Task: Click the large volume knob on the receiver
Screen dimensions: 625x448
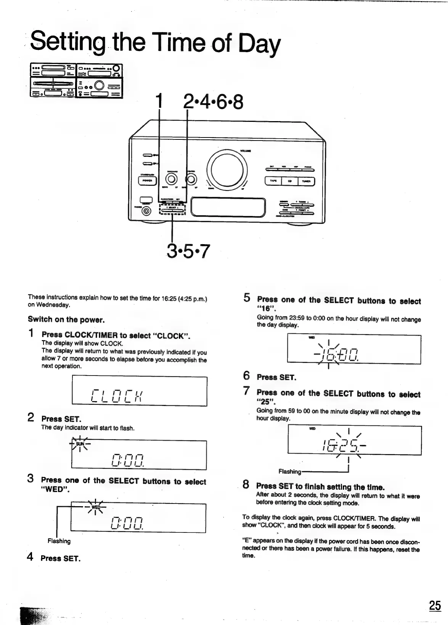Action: coord(227,169)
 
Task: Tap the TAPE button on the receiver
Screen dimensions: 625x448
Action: coord(273,181)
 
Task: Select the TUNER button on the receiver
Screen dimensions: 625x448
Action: coord(306,181)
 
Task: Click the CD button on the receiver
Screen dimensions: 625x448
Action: coord(290,181)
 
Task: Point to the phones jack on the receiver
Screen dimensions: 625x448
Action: coord(146,211)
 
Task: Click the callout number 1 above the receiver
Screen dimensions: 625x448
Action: coord(159,102)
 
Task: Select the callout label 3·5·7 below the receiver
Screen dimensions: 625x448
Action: coord(188,251)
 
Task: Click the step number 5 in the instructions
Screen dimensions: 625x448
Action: coord(247,297)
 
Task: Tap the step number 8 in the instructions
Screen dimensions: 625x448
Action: coord(246,484)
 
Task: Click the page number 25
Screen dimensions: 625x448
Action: coord(435,605)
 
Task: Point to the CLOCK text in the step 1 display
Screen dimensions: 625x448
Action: coord(117,395)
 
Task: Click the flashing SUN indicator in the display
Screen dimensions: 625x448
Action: coord(80,444)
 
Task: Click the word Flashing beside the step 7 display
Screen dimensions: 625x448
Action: coord(290,472)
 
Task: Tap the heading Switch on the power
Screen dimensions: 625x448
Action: coord(66,319)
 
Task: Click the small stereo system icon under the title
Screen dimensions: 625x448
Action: coord(76,80)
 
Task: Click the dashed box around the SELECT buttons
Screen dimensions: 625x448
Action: coord(172,209)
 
